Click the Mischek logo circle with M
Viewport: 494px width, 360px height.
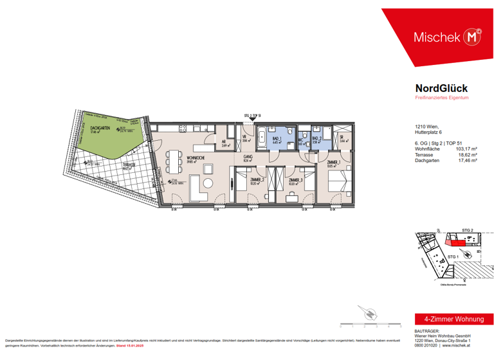[x=473, y=37]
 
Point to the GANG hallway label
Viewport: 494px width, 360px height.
[x=247, y=156]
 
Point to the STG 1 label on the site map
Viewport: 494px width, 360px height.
[x=452, y=256]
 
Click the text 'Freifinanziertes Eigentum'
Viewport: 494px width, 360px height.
[x=441, y=97]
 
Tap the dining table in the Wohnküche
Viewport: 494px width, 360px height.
[x=172, y=159]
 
